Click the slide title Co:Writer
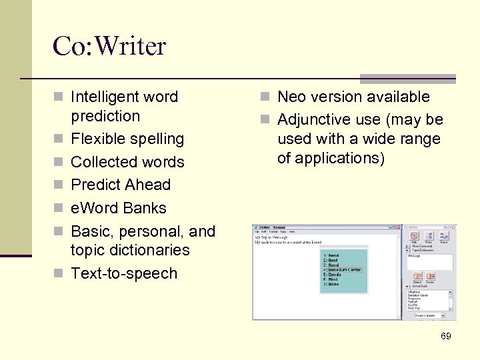[x=109, y=46]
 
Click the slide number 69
[x=446, y=336]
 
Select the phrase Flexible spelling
[x=127, y=139]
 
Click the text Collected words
[x=127, y=162]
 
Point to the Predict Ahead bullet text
[x=120, y=185]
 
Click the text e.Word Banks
[x=118, y=208]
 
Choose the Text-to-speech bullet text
[x=124, y=273]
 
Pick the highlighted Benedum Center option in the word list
[x=343, y=269]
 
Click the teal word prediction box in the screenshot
[x=343, y=270]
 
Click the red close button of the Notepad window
[x=398, y=227]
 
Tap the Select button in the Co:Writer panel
[x=417, y=277]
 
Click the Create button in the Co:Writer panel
[x=431, y=277]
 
